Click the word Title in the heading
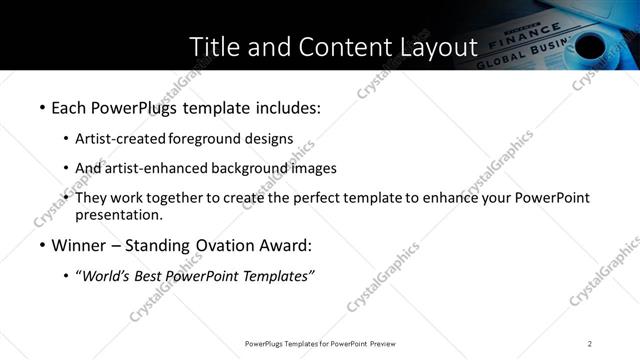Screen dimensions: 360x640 coord(214,47)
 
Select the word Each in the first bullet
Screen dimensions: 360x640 coord(67,106)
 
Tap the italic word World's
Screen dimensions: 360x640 coord(110,276)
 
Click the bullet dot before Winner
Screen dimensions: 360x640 coord(41,245)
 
